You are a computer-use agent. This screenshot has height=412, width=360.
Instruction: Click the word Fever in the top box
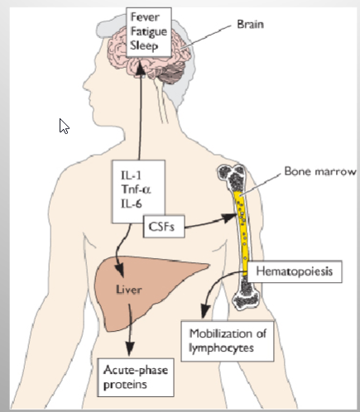point(145,17)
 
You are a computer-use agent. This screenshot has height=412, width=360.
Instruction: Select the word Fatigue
point(149,31)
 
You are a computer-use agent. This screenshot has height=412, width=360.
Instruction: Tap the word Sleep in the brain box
point(144,46)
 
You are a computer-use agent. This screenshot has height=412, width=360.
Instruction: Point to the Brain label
point(250,24)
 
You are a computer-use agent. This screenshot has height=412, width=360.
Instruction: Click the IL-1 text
point(131,175)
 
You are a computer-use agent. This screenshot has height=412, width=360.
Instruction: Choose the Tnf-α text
point(136,189)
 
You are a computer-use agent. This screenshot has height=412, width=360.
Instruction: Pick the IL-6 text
point(132,204)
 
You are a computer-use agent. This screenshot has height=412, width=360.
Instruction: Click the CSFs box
point(164,227)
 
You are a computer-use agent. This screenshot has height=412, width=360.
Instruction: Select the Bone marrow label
point(320,171)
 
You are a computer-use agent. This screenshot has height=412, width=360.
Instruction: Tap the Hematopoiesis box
point(295,271)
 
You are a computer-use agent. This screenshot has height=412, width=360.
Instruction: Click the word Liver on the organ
point(129,290)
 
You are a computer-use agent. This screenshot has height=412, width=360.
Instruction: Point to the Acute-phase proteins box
point(136,377)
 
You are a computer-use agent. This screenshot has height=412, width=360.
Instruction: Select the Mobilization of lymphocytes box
point(228,341)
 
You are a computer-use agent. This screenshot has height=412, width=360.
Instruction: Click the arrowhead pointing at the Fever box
point(141,69)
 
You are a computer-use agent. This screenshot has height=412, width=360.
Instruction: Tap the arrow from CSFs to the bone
point(210,223)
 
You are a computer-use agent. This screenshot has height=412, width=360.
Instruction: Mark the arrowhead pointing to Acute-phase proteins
point(129,349)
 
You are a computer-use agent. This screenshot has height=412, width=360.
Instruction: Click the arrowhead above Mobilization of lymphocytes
point(205,311)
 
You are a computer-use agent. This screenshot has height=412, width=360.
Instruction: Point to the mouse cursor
point(64,127)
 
